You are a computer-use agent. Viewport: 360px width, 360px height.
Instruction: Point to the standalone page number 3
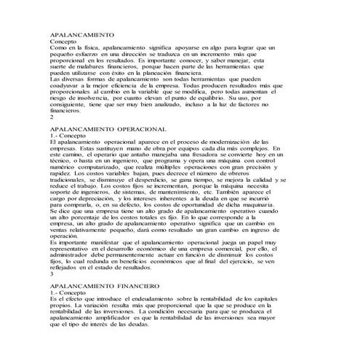coord(51,274)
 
